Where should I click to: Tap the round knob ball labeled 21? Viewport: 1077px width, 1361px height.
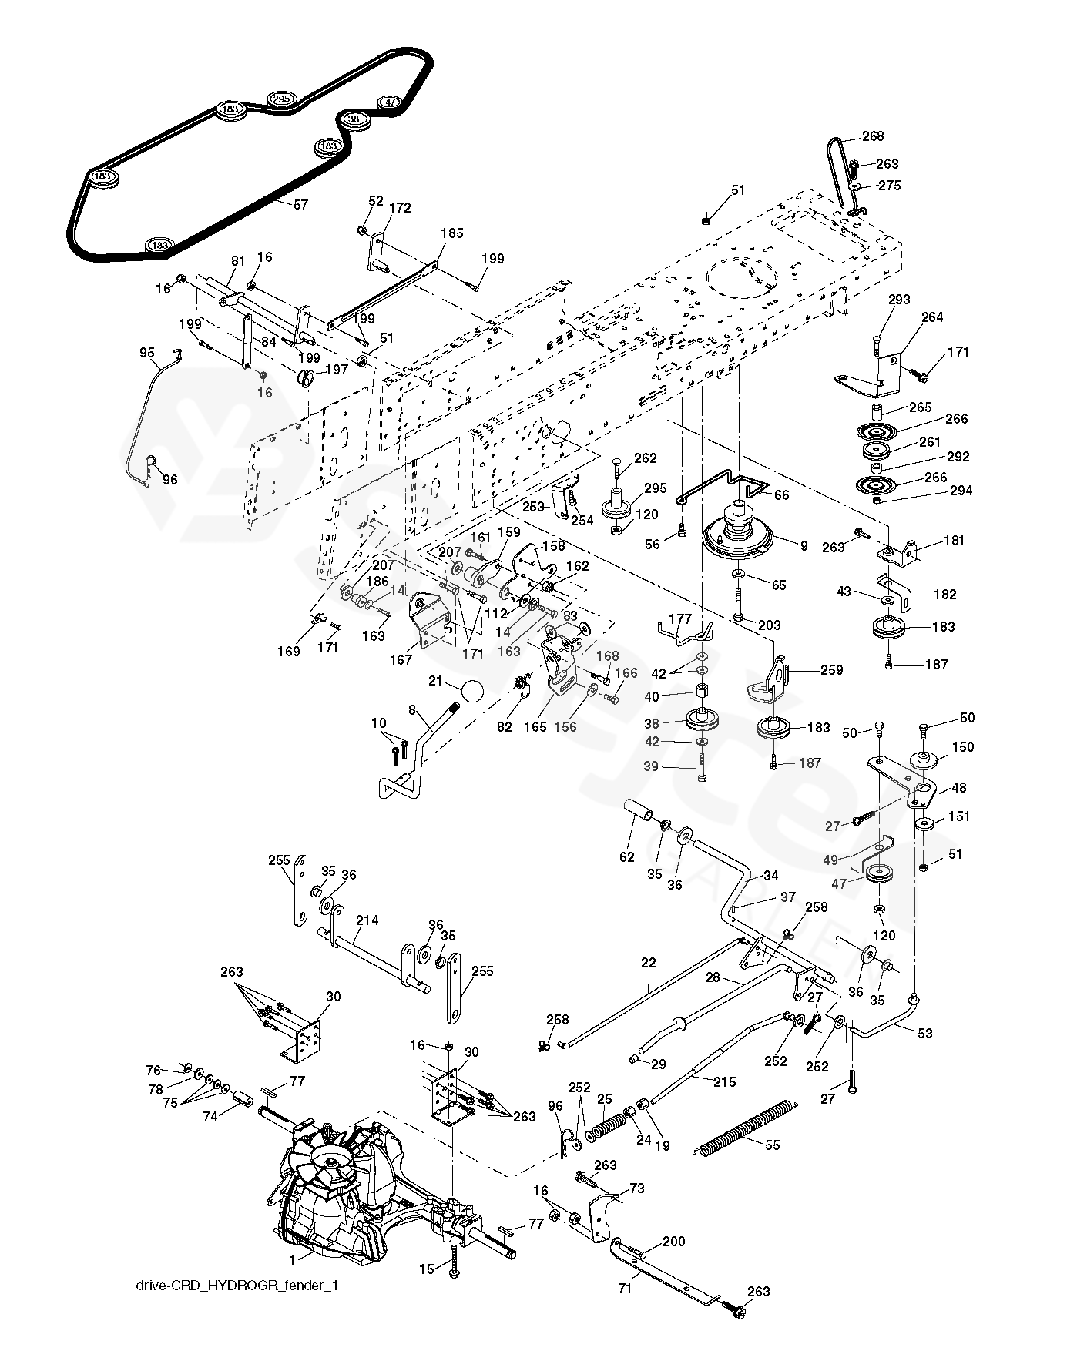point(471,689)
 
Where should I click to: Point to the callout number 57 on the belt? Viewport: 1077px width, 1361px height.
point(300,204)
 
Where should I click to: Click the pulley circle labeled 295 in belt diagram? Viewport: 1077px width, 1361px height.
point(280,99)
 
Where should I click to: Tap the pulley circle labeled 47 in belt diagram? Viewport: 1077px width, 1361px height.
point(390,102)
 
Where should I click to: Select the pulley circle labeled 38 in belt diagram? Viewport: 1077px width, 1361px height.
point(354,119)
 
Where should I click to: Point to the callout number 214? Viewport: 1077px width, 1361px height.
point(367,920)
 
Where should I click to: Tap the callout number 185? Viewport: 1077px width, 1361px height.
point(452,233)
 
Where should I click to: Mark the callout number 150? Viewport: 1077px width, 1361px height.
point(963,746)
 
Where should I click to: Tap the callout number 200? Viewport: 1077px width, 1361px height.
point(673,1242)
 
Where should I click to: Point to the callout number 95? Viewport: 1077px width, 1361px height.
point(147,352)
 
